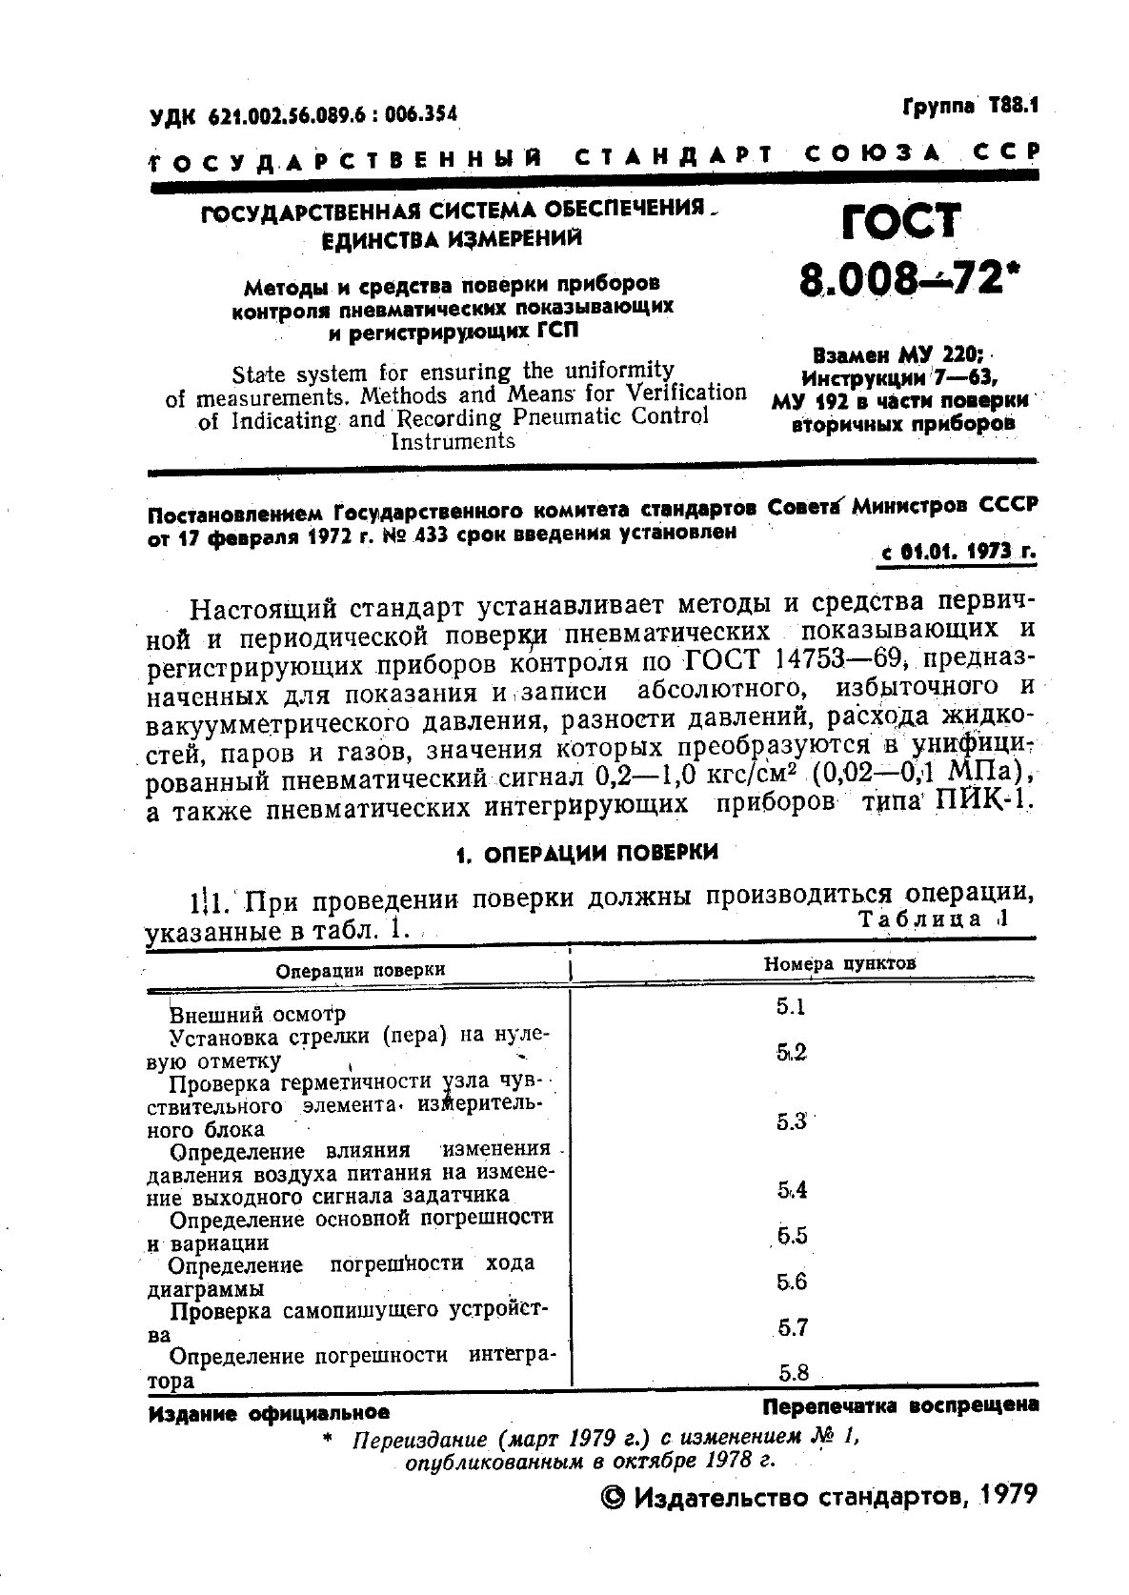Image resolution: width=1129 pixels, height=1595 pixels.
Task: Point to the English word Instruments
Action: point(454,440)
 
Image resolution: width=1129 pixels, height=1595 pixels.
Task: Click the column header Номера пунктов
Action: point(839,963)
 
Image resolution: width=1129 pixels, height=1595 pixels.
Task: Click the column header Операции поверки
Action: point(360,969)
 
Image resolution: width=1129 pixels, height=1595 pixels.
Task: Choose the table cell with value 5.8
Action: point(793,1373)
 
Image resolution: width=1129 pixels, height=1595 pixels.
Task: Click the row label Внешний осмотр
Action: point(257,1014)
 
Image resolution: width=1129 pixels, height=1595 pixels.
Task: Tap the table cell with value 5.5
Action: point(792,1236)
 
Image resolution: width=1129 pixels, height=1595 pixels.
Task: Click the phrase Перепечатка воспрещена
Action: point(899,1405)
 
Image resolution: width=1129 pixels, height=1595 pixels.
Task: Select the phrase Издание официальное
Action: point(269,1413)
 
